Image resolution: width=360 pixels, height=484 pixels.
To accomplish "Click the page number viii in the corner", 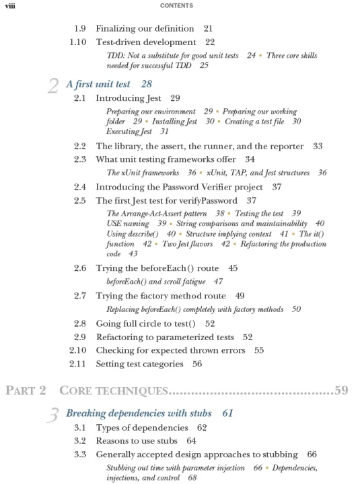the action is tap(9, 6).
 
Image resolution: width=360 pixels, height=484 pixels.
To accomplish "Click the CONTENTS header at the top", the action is tap(177, 6).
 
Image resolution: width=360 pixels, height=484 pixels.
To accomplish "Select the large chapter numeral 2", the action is tap(54, 86).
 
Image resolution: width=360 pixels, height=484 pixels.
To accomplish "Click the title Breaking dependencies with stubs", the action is tap(139, 413).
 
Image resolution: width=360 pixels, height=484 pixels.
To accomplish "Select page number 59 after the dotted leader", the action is tap(341, 390).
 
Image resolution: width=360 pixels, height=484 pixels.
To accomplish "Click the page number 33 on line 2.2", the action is tap(318, 146).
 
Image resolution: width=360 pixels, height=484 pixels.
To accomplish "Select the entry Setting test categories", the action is tap(139, 364).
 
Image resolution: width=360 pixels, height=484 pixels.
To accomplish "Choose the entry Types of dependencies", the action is tap(142, 428).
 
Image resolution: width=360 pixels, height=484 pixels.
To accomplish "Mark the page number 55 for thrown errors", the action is tap(259, 351).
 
